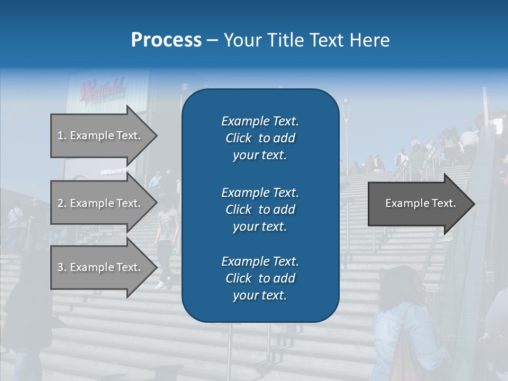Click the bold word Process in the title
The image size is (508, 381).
click(166, 40)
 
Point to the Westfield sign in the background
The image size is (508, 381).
click(102, 88)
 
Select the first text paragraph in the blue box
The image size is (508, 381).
click(260, 138)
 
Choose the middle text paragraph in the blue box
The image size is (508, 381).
click(260, 210)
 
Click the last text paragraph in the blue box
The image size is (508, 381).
click(260, 278)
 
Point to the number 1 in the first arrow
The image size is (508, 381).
click(60, 135)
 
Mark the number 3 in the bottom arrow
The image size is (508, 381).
click(60, 267)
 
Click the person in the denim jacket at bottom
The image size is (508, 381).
click(405, 328)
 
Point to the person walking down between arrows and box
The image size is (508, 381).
click(168, 238)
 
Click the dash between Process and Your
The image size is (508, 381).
click(213, 40)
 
